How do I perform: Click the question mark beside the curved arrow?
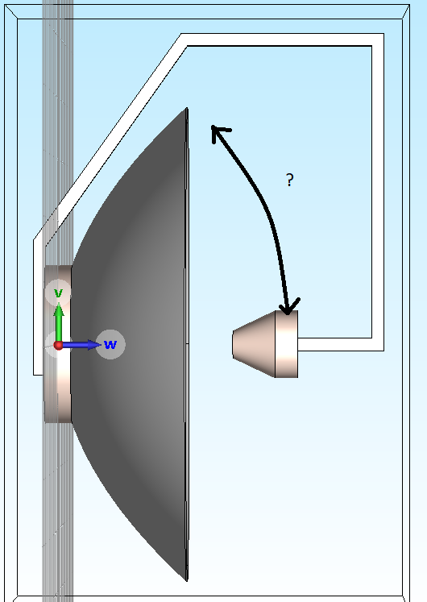pyautogui.click(x=290, y=180)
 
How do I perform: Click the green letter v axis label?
pyautogui.click(x=58, y=293)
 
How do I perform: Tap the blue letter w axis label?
pyautogui.click(x=110, y=344)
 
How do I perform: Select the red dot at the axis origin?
pyautogui.click(x=58, y=346)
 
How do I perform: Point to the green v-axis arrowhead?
pyautogui.click(x=59, y=309)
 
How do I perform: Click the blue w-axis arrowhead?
pyautogui.click(x=94, y=345)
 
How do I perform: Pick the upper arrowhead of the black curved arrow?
pyautogui.click(x=218, y=132)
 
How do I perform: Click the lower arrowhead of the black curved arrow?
pyautogui.click(x=288, y=306)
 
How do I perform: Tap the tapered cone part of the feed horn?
pyautogui.click(x=254, y=344)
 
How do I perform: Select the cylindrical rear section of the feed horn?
pyautogui.click(x=286, y=344)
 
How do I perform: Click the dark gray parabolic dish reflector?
pyautogui.click(x=131, y=344)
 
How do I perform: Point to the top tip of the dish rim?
pyautogui.click(x=187, y=108)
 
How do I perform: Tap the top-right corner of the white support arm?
pyautogui.click(x=383, y=34)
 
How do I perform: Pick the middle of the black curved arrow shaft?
pyautogui.click(x=266, y=203)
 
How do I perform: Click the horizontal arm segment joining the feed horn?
pyautogui.click(x=341, y=344)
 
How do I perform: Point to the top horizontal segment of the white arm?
pyautogui.click(x=282, y=39)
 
